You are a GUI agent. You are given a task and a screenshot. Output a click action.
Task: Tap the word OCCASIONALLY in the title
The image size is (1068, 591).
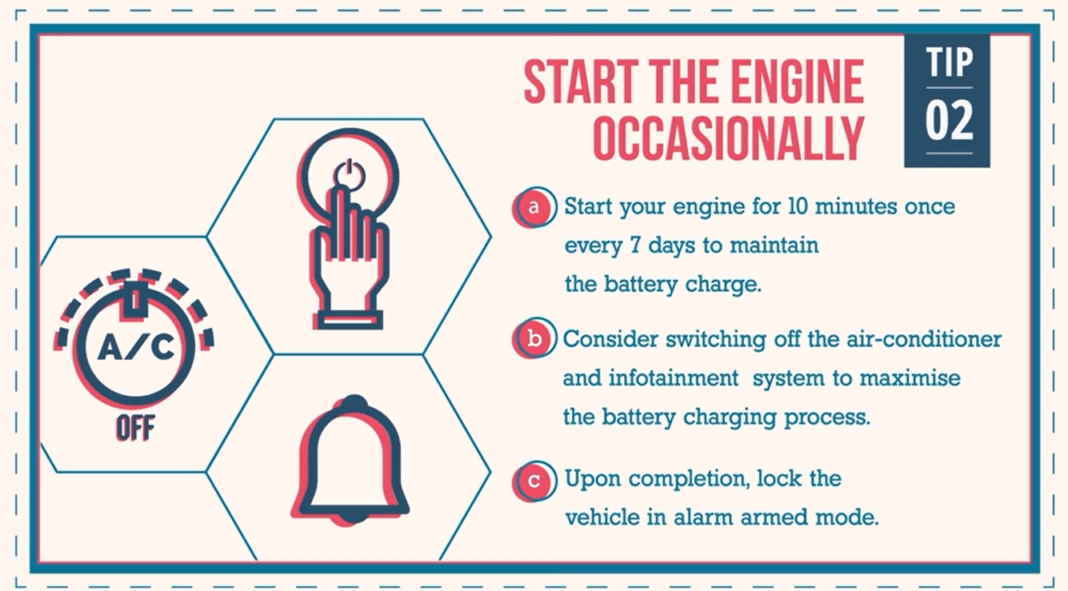coord(729,138)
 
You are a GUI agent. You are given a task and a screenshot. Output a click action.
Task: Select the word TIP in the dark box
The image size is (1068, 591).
coord(950,62)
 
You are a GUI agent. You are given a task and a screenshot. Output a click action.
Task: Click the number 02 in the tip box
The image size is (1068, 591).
coord(950,120)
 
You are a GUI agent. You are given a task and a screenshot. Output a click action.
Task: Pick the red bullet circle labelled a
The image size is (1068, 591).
coord(533,207)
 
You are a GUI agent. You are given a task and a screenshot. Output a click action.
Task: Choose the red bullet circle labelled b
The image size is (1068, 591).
coord(533,339)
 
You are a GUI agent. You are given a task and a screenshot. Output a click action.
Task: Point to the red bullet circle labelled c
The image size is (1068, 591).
coord(533,481)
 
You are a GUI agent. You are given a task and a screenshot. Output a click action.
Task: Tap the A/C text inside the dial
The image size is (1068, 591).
coord(135,347)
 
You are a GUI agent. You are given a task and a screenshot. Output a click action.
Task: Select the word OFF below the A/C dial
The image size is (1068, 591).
coord(135,428)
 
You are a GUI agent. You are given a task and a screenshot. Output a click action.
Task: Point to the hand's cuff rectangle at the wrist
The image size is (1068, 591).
coord(348,320)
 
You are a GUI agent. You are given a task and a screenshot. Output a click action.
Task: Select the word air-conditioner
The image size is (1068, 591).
coord(923,339)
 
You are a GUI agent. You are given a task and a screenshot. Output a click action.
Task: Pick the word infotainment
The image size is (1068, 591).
coord(674,378)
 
